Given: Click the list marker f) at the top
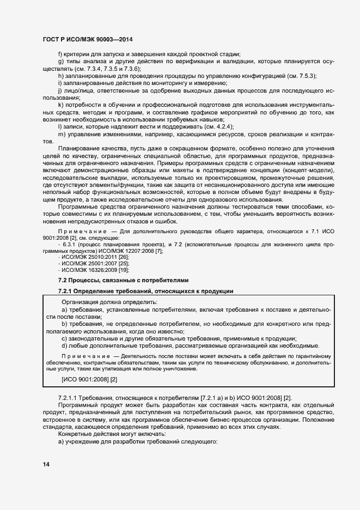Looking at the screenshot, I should click(60, 53).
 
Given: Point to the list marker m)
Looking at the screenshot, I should click(61, 134).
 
